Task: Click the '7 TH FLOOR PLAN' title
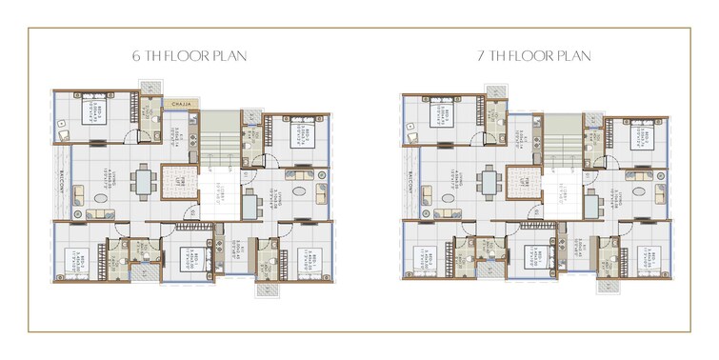tap(533, 55)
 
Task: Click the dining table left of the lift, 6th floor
tap(145, 179)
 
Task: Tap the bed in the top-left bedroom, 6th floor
tap(95, 109)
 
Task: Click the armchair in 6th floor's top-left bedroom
tap(63, 134)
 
